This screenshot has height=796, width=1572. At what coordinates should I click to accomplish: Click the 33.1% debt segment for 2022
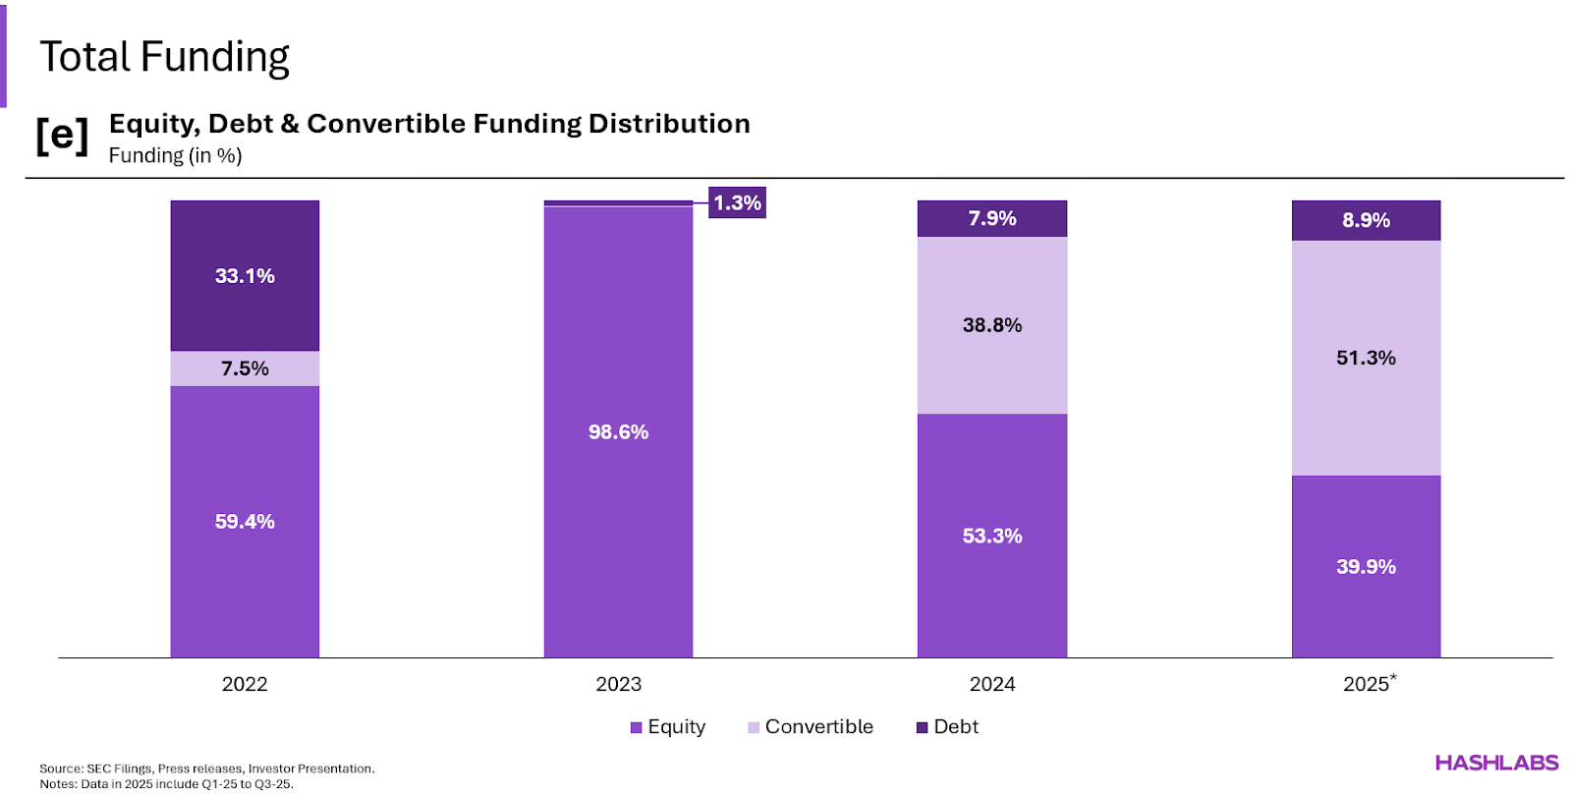tap(245, 276)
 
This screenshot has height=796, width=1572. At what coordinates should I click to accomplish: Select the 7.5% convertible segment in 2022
tap(245, 369)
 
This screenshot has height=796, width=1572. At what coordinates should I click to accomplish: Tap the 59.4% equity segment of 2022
tap(245, 522)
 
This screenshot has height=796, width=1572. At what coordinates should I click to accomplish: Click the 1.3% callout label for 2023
tap(737, 202)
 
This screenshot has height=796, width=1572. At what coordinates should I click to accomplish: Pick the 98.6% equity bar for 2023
tap(618, 432)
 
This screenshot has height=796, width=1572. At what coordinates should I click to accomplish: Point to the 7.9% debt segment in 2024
tap(992, 218)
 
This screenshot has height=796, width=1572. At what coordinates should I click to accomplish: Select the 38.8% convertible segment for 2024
tap(992, 325)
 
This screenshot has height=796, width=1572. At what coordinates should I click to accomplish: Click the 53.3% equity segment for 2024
tap(992, 536)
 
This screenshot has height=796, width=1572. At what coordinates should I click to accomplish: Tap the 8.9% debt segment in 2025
tap(1366, 220)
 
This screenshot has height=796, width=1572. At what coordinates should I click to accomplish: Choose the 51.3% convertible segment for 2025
tap(1366, 358)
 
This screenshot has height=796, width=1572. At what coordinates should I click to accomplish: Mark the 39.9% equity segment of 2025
tap(1366, 567)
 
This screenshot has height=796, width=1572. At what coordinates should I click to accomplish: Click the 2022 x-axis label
tap(245, 684)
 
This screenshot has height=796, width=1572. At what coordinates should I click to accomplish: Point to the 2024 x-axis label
tap(992, 684)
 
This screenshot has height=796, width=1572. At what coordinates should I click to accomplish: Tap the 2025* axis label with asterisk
tap(1369, 683)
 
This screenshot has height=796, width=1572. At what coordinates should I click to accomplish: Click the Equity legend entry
tap(668, 727)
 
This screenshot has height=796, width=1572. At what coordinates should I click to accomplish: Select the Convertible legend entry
tap(810, 727)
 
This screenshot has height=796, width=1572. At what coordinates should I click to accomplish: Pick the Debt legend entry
tap(947, 727)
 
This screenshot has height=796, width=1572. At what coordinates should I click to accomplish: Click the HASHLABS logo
tap(1496, 763)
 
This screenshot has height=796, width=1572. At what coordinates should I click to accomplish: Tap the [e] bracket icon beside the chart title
tap(62, 136)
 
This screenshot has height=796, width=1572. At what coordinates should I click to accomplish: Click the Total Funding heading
tap(164, 57)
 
